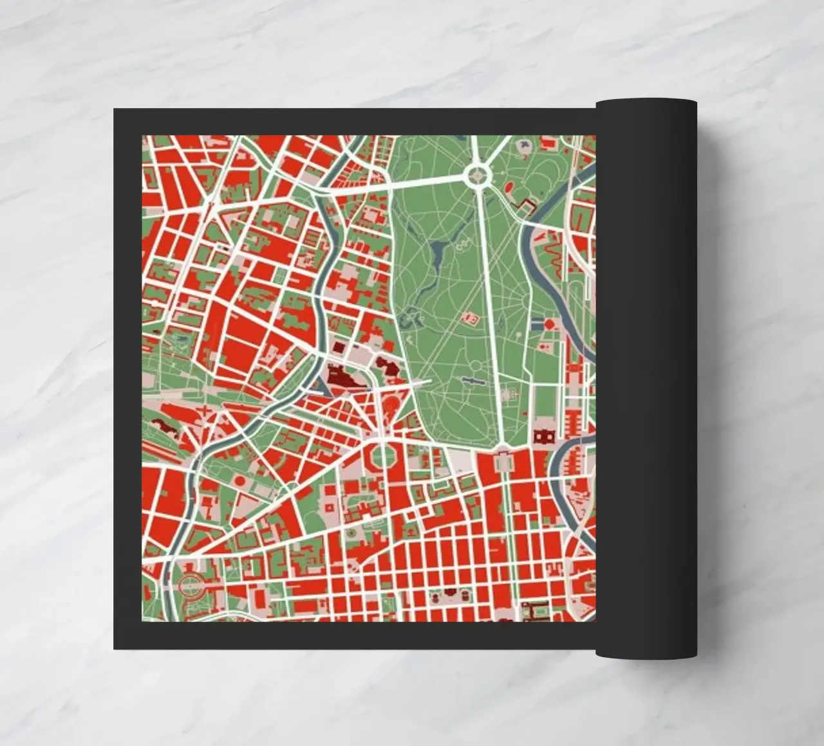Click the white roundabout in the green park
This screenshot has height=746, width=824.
click(x=477, y=174)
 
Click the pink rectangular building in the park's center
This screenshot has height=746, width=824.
click(x=469, y=318)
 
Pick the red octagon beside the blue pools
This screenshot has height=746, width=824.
click(x=550, y=324)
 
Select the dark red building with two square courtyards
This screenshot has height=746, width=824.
click(x=544, y=438)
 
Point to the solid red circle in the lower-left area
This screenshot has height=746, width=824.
click(x=239, y=480)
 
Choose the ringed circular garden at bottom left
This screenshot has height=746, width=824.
click(x=189, y=586)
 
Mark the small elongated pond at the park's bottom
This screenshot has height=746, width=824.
click(x=474, y=381)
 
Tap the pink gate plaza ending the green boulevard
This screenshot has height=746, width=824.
click(x=502, y=460)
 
